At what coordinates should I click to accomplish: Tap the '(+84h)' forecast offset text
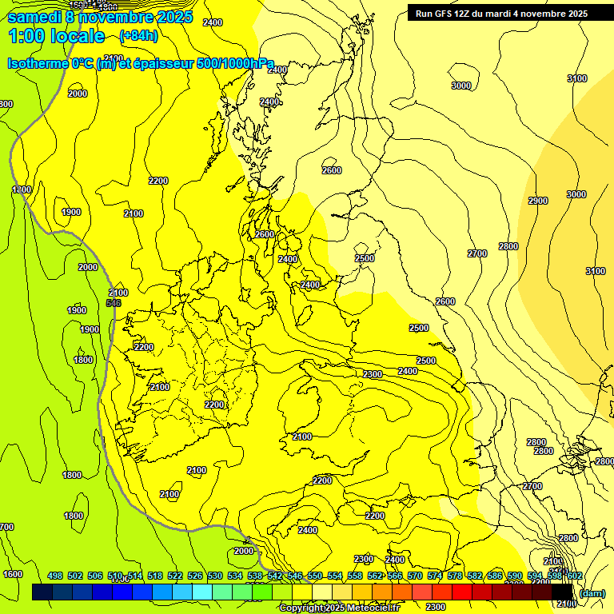[x=138, y=36]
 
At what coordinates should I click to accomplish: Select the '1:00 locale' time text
[x=56, y=36]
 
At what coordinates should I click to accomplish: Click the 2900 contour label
[x=538, y=201]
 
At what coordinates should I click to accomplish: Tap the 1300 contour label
[x=22, y=189]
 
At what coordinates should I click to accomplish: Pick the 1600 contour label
[x=13, y=574]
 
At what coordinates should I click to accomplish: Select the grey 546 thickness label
[x=114, y=303]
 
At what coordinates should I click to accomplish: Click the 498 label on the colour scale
[x=55, y=576]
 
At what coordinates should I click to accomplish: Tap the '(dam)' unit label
[x=592, y=592]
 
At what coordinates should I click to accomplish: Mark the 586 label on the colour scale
[x=495, y=576]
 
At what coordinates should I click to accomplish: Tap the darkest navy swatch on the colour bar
[x=42, y=592]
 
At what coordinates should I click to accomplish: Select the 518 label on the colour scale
[x=155, y=576]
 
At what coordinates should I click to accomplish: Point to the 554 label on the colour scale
[x=335, y=576]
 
